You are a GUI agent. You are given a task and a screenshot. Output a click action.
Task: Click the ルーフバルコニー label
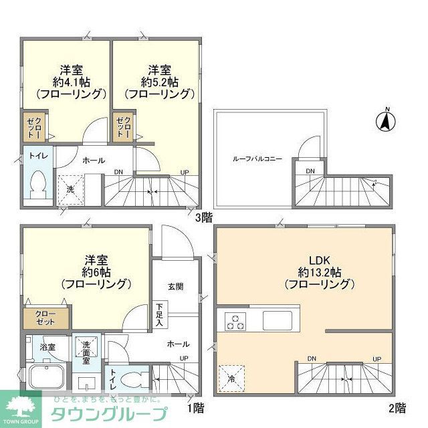click(257, 159)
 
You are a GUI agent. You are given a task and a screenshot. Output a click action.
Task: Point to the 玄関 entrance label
click(175, 287)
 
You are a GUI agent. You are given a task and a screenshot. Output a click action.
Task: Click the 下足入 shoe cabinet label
click(160, 314)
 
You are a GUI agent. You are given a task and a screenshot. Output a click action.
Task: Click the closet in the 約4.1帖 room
click(34, 126)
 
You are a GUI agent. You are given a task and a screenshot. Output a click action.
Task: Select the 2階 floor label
click(397, 407)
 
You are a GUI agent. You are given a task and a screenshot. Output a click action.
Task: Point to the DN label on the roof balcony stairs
click(310, 171)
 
